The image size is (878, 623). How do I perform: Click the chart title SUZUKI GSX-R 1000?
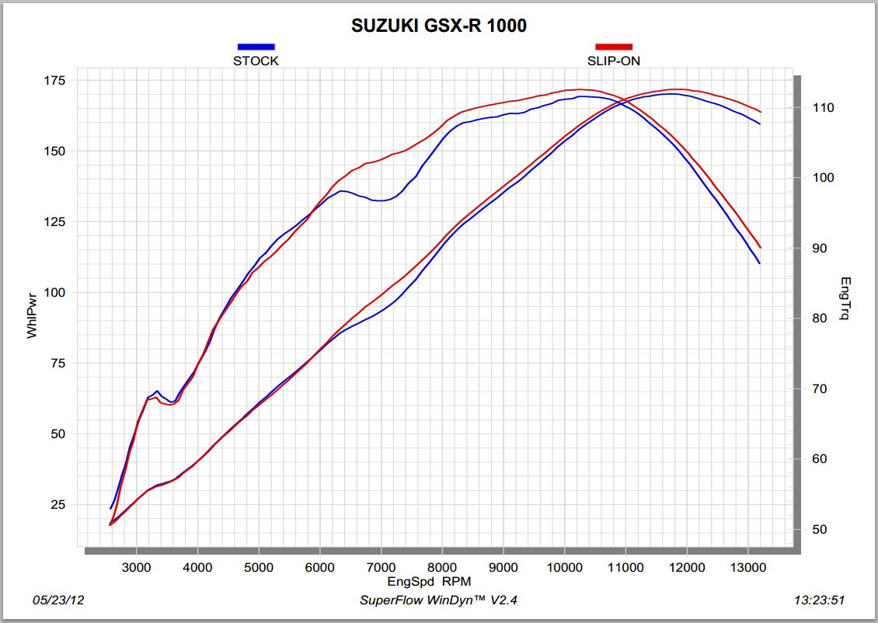(439, 26)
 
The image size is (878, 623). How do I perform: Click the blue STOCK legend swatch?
(256, 47)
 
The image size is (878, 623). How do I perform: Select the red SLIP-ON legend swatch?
(614, 47)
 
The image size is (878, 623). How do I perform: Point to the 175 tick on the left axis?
(55, 81)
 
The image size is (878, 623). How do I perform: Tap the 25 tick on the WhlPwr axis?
(59, 505)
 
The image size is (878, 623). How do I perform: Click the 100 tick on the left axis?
(55, 293)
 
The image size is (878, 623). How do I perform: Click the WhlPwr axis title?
(32, 315)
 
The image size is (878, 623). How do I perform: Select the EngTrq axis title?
(845, 299)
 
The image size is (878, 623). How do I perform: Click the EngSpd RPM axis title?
(429, 581)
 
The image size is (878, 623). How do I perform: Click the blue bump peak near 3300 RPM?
(157, 391)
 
